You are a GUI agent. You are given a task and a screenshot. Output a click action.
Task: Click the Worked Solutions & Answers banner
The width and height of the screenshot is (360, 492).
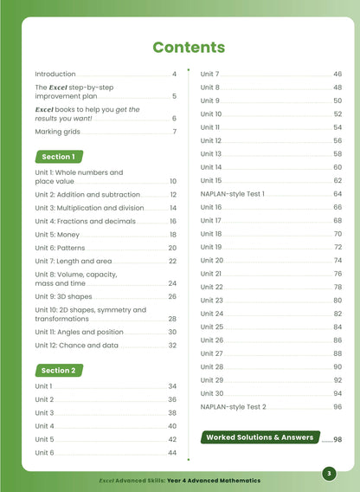260,437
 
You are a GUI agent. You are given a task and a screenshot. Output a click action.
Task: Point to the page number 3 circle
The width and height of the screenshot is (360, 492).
328,473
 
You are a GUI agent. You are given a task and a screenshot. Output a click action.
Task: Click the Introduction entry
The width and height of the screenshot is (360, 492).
55,74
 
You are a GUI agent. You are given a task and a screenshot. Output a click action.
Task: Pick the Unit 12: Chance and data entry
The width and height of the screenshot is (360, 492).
81,345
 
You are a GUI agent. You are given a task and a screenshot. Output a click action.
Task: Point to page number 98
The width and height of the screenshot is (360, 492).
337,440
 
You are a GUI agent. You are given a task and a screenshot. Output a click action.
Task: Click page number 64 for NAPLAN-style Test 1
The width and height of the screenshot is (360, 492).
337,194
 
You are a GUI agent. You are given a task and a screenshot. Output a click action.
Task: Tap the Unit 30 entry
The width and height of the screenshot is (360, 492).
211,393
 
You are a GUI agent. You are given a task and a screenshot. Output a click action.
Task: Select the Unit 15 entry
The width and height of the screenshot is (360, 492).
211,180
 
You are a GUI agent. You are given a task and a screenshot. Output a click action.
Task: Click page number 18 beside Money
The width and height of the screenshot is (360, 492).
172,235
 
